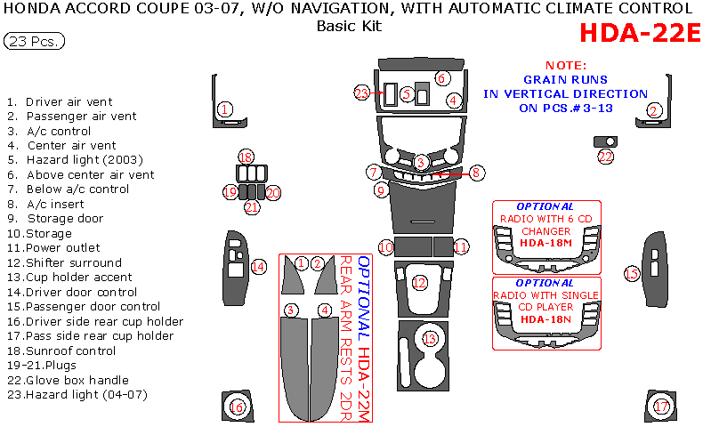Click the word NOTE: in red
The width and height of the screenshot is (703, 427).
[x=566, y=66]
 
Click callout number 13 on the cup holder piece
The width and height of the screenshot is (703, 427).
[x=431, y=339]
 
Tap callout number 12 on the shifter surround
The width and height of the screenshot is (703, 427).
[x=419, y=282]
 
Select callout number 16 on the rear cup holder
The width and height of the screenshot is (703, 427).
[x=237, y=407]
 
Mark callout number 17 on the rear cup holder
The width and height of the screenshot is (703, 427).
[x=661, y=407]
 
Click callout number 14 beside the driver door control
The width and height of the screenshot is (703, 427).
[x=258, y=266]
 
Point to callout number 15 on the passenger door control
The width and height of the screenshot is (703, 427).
[x=632, y=273]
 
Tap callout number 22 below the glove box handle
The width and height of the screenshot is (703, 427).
[x=606, y=157]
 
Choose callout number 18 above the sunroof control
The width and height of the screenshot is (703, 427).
[x=246, y=157]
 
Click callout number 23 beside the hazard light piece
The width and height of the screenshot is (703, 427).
[x=361, y=93]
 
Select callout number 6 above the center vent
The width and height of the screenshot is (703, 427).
[x=441, y=78]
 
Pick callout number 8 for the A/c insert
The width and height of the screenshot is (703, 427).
[x=476, y=173]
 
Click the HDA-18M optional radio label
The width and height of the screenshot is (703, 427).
[x=545, y=243]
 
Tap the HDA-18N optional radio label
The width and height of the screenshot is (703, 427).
[x=545, y=318]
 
